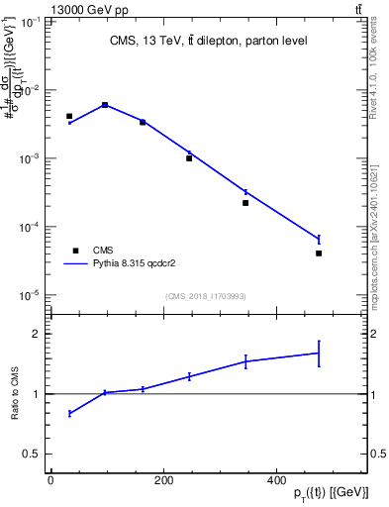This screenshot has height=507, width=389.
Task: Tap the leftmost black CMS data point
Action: click(69, 116)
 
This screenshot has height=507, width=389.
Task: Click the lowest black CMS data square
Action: click(319, 253)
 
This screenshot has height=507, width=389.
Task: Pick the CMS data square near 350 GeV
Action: click(245, 203)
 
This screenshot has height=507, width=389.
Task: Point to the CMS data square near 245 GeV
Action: click(189, 158)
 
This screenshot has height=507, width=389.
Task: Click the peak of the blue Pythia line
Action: click(105, 104)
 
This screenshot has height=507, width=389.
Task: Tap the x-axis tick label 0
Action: click(50, 480)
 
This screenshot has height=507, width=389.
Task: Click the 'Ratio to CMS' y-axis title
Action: click(15, 394)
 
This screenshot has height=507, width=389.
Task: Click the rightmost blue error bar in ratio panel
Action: click(319, 353)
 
